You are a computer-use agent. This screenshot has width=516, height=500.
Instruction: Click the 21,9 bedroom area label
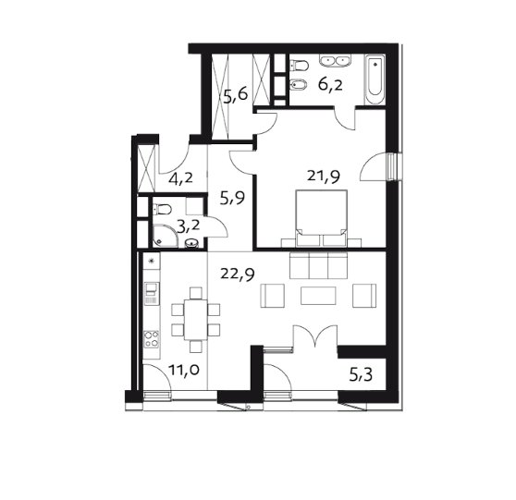[x=324, y=177]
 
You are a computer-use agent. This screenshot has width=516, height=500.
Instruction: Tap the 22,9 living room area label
[x=238, y=274]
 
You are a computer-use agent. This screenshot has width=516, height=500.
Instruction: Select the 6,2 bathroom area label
[x=330, y=85]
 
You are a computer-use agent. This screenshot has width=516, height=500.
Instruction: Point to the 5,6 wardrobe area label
[x=235, y=96]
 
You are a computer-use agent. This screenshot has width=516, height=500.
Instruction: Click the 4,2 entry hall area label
[x=180, y=179]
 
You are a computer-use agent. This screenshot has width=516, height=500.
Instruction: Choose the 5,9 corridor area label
[x=232, y=199]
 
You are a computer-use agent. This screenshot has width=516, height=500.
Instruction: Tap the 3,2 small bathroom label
[x=189, y=226]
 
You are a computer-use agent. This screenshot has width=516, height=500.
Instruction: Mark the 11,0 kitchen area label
[x=184, y=370]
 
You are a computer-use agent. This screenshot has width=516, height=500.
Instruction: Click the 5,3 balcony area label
[x=361, y=374]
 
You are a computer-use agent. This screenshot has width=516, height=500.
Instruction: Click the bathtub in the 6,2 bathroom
[x=375, y=79]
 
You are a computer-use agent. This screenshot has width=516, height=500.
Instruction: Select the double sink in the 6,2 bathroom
[x=335, y=61]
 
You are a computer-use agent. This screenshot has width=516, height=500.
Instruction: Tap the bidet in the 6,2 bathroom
[x=299, y=86]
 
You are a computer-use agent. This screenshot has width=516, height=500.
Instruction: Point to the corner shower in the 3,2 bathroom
[x=165, y=237]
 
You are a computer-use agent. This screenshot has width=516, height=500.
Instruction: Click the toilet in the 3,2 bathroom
[x=162, y=209]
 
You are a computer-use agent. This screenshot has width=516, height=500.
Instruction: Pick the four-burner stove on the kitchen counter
[x=152, y=339]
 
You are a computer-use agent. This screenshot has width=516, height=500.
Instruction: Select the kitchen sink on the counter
[x=152, y=293]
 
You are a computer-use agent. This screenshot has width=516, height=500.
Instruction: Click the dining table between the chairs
[x=196, y=320]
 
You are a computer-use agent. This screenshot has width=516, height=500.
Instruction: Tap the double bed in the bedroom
[x=322, y=218]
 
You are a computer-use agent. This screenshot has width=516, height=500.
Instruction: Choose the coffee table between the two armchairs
[x=318, y=296]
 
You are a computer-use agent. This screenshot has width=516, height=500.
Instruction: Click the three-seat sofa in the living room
[x=318, y=265]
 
